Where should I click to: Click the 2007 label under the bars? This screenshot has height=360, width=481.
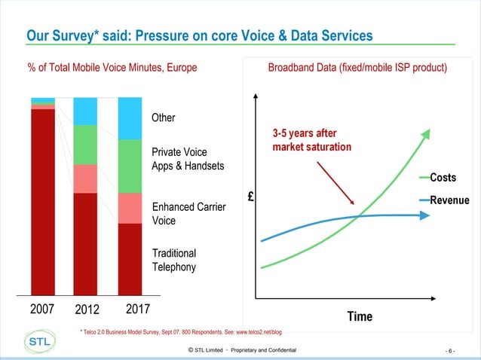tap(42, 310)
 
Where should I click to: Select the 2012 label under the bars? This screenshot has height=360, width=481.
tap(86, 310)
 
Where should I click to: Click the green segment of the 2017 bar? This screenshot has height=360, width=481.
tap(130, 166)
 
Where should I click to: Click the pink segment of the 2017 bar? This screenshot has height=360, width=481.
tap(130, 208)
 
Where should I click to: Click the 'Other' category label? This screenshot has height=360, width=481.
tap(164, 118)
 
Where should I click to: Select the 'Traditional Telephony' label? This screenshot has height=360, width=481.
tap(174, 260)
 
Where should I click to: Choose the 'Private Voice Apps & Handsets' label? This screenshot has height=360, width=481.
tap(188, 159)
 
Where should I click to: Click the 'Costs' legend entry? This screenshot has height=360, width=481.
tap(443, 178)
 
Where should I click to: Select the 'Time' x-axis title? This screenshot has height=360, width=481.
tap(360, 316)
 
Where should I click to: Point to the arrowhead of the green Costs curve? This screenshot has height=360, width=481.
tap(426, 133)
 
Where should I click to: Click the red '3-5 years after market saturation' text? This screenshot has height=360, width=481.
tap(311, 139)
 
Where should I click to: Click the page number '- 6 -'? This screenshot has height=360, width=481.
tap(450, 351)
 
